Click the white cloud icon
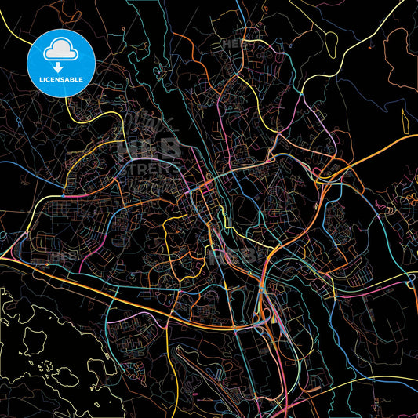[x=60, y=50]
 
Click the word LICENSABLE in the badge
[x=60, y=78]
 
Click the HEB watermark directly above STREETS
[x=149, y=147]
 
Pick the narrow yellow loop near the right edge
[x=405, y=120]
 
